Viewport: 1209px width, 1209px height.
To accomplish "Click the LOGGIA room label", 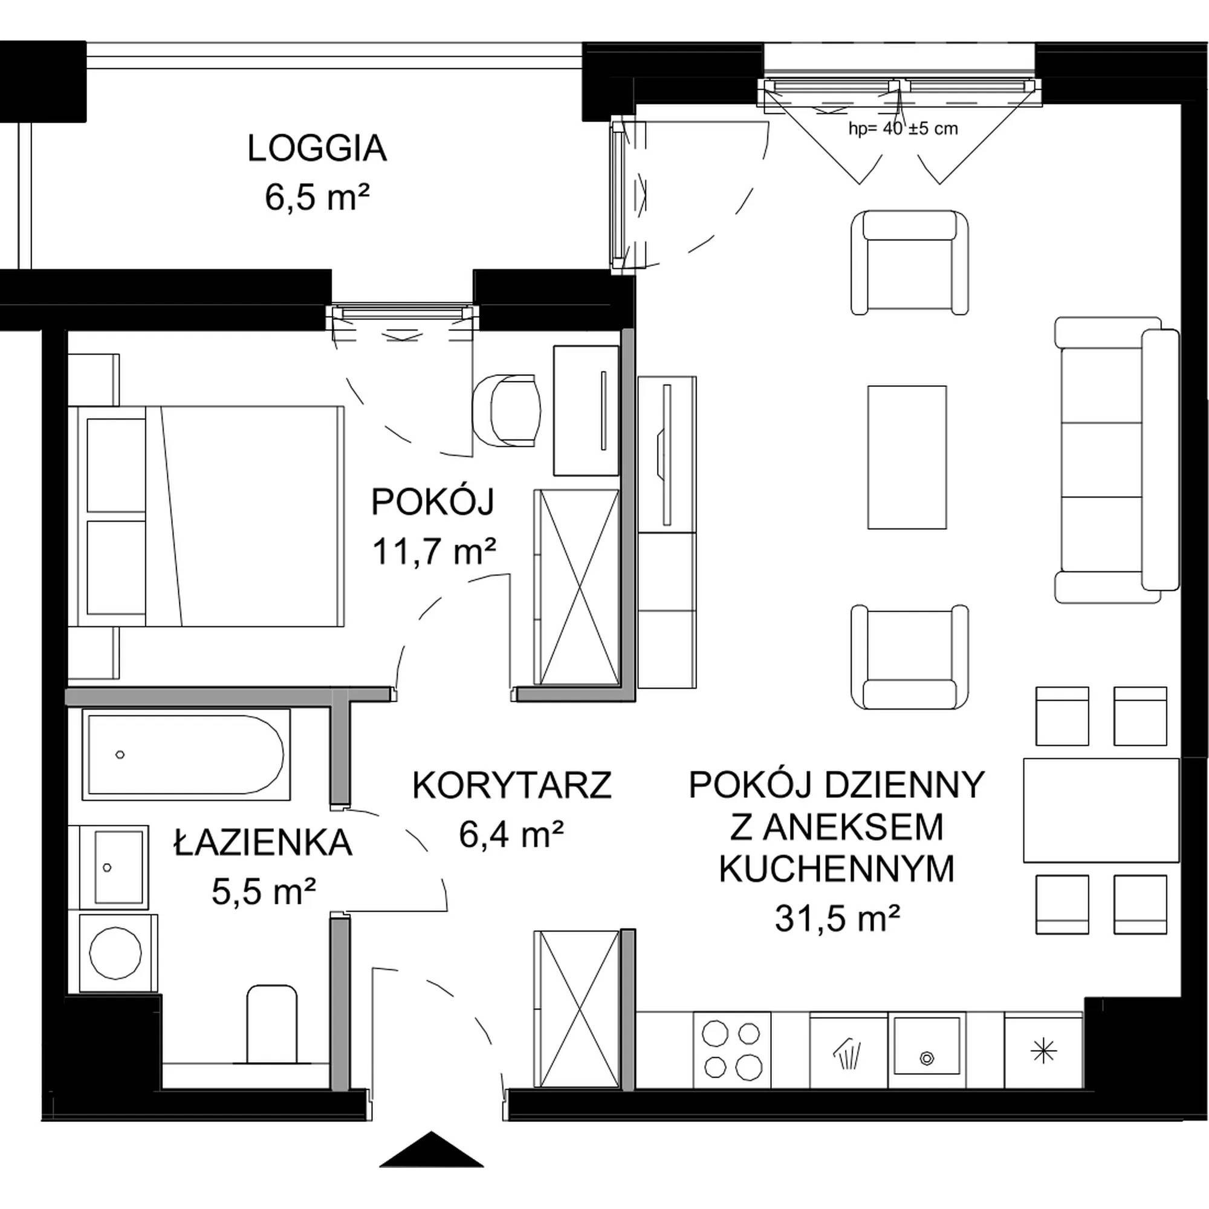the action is (317, 149).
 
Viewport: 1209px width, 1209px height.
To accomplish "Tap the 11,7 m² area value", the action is (434, 552).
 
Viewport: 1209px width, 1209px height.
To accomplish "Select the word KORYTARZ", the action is (512, 785).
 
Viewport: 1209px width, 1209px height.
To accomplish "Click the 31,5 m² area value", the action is (837, 919).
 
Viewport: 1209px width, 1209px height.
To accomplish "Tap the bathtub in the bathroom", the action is (186, 754).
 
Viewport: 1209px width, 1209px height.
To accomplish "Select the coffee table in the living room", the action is (907, 458).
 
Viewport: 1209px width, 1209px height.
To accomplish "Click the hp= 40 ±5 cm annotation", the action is (903, 129).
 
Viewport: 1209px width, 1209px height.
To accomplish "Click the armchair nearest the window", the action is (910, 262).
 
